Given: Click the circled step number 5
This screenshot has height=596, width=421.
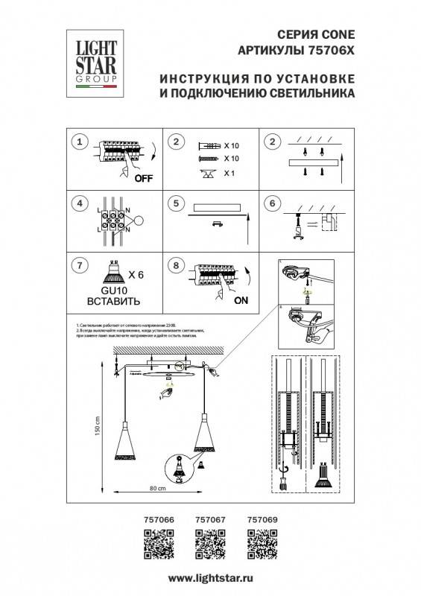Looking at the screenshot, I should [176, 203].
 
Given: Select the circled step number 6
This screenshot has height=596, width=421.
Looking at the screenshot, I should [272, 203].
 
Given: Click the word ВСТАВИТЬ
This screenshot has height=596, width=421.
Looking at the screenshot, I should [110, 304].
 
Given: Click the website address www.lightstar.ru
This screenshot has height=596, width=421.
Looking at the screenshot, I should [210, 578].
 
